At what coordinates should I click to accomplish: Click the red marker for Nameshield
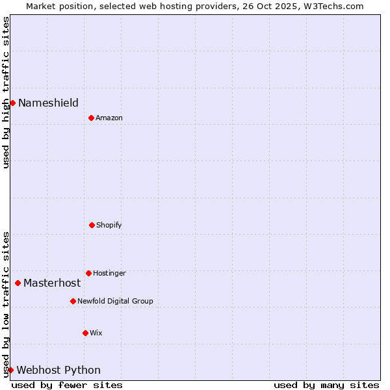point(12,103)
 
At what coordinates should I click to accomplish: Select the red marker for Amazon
point(91,118)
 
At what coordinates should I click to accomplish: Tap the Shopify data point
point(92,225)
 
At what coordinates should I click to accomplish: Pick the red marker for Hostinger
point(88,273)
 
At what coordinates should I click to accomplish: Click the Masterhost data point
point(18,283)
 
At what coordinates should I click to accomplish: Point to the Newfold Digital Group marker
point(73,301)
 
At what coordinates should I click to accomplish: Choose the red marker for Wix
point(85,333)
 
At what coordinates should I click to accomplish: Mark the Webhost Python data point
point(10,370)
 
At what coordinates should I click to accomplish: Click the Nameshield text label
point(48,103)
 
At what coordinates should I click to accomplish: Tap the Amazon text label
point(109,118)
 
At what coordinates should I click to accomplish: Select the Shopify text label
point(109,225)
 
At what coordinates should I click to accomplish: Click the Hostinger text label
point(109,273)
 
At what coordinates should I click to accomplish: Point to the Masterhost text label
point(52,283)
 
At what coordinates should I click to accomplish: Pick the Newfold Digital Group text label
point(115,301)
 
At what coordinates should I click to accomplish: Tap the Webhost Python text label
point(58,370)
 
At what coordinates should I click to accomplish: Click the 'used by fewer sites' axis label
point(67,385)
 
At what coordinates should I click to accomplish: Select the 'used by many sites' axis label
point(326,385)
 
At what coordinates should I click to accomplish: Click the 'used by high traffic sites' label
point(6,92)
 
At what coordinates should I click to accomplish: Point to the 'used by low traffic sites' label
point(6,304)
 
